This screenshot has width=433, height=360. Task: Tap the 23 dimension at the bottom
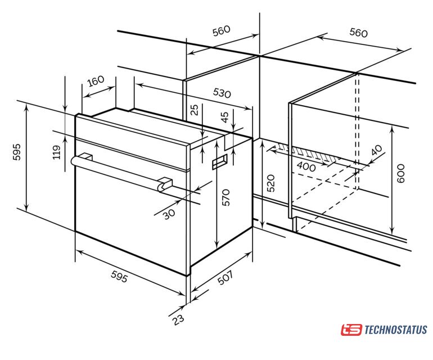178,319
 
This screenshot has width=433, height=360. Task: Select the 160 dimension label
96,81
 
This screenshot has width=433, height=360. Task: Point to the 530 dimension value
222,93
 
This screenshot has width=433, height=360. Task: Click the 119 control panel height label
57,152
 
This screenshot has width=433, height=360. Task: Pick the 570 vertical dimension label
225,197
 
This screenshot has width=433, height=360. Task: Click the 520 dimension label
271,183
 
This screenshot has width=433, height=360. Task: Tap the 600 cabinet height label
400,173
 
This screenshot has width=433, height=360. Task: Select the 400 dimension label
306,166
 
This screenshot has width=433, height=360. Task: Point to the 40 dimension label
377,150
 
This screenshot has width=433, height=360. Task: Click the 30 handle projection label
169,214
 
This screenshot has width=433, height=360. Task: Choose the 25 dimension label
195,110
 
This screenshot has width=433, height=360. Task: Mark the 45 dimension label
225,117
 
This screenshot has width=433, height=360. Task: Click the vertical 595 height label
17,152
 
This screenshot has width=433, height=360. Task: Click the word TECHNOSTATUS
396,330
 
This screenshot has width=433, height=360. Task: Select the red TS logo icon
351,330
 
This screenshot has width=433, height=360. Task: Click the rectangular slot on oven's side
220,162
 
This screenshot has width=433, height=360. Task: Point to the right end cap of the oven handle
165,184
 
